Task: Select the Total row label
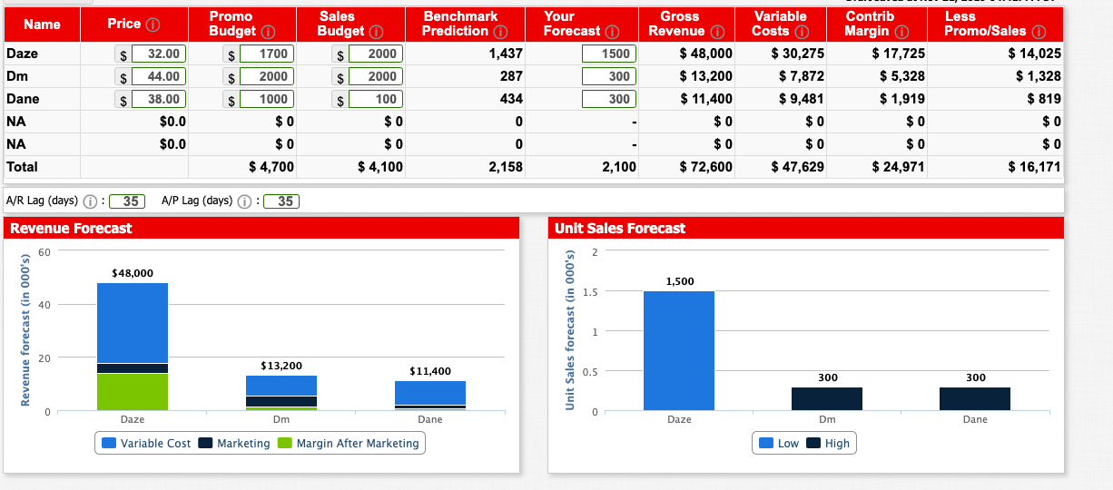(23, 167)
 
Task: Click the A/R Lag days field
(131, 201)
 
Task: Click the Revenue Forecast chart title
(71, 229)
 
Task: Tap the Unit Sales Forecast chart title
(620, 229)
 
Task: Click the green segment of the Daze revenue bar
(133, 391)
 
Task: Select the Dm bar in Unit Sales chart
(827, 399)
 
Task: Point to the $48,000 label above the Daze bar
(133, 272)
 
